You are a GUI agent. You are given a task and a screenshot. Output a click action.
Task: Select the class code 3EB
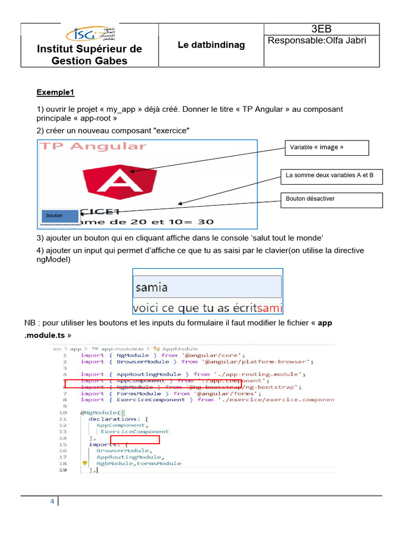pyautogui.click(x=321, y=29)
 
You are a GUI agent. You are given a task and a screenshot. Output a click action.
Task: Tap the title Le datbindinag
pyautogui.click(x=211, y=45)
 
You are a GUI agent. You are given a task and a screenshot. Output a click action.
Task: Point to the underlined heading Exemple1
pyautogui.click(x=56, y=93)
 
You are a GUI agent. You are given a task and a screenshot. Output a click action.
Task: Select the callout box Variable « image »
pyautogui.click(x=326, y=147)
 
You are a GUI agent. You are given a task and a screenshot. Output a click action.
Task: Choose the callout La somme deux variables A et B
pyautogui.click(x=331, y=176)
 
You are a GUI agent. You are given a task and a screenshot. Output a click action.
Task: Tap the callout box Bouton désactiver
pyautogui.click(x=331, y=199)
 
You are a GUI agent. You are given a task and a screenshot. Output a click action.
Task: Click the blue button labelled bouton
pyautogui.click(x=59, y=216)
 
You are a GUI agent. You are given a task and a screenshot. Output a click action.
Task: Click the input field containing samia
pyautogui.click(x=207, y=287)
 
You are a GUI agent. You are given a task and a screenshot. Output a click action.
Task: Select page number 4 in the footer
pyautogui.click(x=52, y=501)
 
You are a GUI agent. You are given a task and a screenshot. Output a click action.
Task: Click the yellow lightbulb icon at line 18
pyautogui.click(x=84, y=464)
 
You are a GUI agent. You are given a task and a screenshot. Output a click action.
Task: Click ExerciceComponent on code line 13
pyautogui.click(x=135, y=432)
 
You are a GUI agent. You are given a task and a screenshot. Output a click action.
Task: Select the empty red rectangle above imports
pyautogui.click(x=135, y=439)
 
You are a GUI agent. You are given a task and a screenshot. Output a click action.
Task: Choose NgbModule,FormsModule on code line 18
pyautogui.click(x=139, y=464)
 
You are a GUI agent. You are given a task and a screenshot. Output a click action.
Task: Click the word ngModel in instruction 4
pyautogui.click(x=54, y=259)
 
